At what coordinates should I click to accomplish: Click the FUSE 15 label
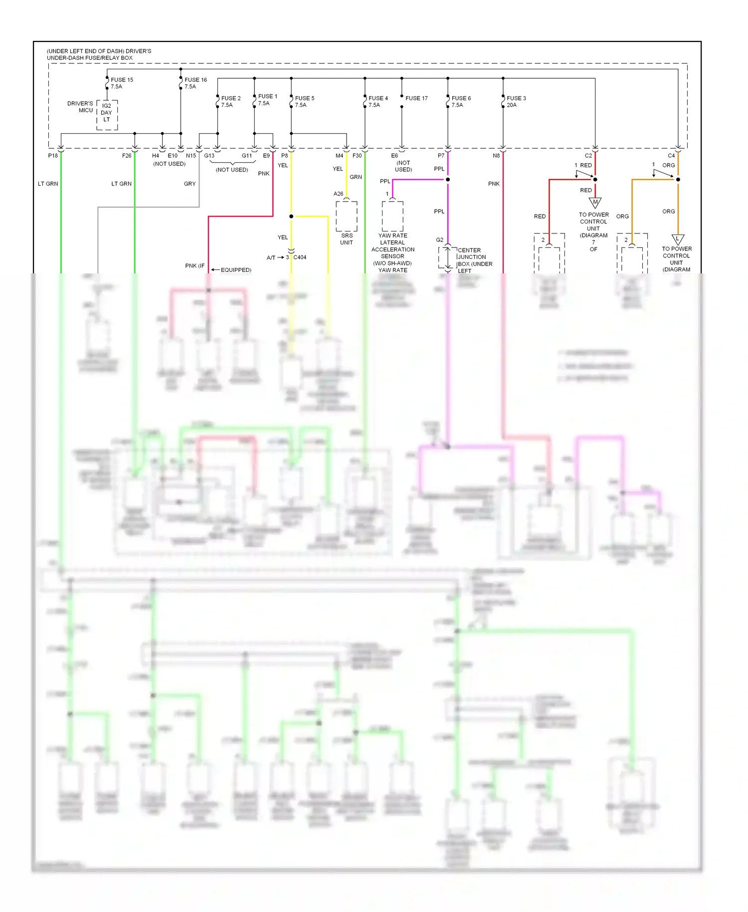click(x=122, y=80)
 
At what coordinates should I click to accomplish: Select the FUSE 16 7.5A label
click(x=195, y=83)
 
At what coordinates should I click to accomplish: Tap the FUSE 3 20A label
click(x=516, y=101)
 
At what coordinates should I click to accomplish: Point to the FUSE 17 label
click(x=416, y=98)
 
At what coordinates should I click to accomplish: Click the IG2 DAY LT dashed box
click(x=107, y=115)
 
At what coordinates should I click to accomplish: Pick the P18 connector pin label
click(x=53, y=156)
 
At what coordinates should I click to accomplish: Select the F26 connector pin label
click(x=127, y=156)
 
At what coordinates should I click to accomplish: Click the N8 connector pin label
click(x=496, y=156)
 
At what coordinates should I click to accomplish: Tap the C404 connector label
click(x=300, y=257)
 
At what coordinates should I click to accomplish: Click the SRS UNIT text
click(x=347, y=239)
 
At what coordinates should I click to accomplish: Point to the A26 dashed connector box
click(x=347, y=216)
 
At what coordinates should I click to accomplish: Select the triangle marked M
click(x=595, y=203)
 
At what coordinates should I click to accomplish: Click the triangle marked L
click(x=678, y=239)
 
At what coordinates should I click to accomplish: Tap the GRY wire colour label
click(x=189, y=184)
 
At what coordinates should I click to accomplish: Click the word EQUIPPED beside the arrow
click(x=236, y=270)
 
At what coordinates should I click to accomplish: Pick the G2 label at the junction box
click(x=439, y=240)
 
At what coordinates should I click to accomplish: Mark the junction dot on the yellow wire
click(x=291, y=217)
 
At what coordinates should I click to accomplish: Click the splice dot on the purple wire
click(x=448, y=180)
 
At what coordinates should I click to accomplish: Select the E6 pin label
click(x=394, y=156)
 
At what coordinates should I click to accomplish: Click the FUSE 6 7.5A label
click(x=461, y=101)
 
